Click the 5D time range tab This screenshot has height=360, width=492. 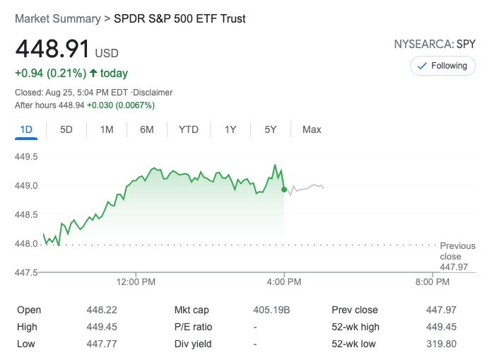[66, 129]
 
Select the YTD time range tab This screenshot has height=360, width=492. [189, 129]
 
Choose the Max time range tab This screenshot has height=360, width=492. [312, 129]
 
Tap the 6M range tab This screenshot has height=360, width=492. [147, 129]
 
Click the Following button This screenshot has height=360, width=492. [443, 66]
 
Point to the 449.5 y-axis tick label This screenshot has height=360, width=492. [26, 156]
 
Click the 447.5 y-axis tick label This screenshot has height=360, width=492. [26, 272]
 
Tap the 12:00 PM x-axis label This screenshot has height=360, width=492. [136, 282]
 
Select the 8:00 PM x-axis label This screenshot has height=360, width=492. [432, 282]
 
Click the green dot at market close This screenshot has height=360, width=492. [284, 190]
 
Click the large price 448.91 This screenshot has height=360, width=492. [53, 50]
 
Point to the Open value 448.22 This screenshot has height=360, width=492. [102, 310]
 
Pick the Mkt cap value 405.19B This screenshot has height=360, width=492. [270, 310]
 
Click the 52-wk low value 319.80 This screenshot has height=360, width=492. [442, 344]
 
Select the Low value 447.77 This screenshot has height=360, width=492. [102, 344]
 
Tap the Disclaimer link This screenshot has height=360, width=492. [153, 93]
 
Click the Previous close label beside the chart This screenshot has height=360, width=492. [457, 251]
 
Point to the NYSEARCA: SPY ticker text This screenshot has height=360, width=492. [435, 45]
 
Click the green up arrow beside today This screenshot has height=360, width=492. [93, 73]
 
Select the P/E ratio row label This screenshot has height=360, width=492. [193, 327]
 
